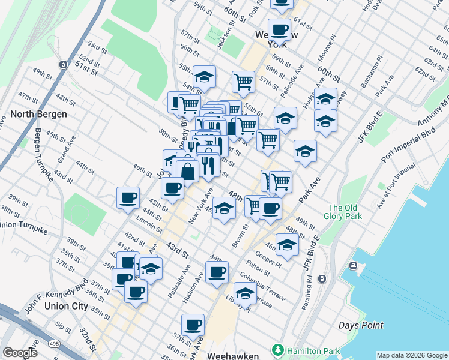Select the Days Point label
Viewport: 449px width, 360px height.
361,325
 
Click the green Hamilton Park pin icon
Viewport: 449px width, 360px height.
277,349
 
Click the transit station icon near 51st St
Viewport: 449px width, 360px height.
62,64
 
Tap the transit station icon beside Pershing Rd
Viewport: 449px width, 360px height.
322,278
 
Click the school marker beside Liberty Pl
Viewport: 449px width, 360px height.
244,294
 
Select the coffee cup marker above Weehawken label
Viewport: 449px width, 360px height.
193,325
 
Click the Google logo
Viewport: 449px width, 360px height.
20,353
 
